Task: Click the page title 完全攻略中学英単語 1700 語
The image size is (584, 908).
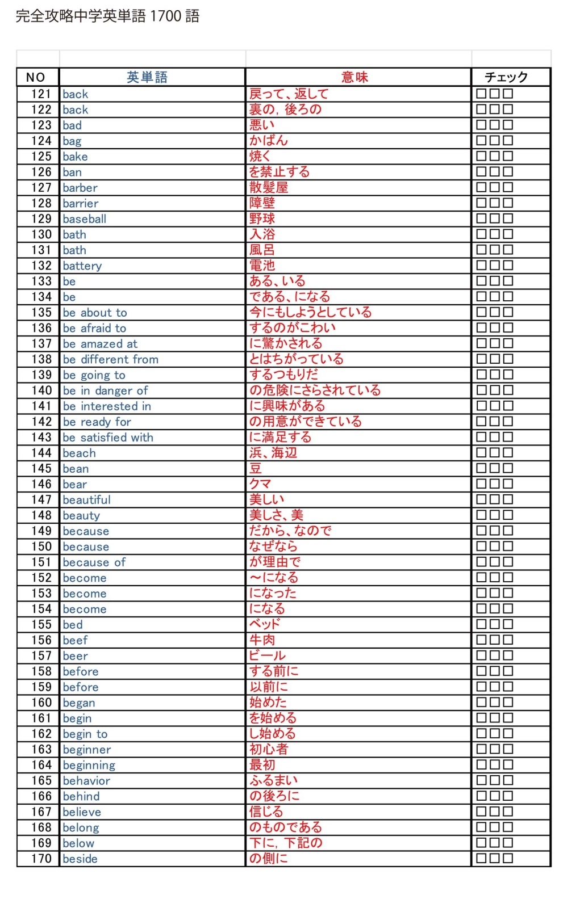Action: pos(107,16)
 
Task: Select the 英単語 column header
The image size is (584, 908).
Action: pos(147,77)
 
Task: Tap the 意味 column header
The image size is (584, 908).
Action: pos(354,77)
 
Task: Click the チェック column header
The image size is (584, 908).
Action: pos(506,77)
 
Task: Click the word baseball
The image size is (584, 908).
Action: pos(85,219)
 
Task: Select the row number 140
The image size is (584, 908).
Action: pos(41,390)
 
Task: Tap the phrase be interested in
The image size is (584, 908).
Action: pos(107,406)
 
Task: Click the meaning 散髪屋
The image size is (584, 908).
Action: pos(269,187)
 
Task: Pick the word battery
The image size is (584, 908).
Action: pos(82,266)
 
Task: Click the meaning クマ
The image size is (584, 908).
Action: pos(260,484)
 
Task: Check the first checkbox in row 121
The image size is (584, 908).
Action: pos(481,94)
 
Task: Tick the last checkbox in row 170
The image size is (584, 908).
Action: pos(508,858)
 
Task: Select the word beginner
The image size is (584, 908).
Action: pos(87,750)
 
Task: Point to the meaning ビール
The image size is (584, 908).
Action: pos(267,655)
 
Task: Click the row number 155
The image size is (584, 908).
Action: pos(41,625)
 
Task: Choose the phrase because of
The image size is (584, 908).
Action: pos(94,562)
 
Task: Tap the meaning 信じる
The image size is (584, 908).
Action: pos(266,812)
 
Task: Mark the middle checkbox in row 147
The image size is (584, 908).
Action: pos(494,499)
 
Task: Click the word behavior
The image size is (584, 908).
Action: pos(86,781)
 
